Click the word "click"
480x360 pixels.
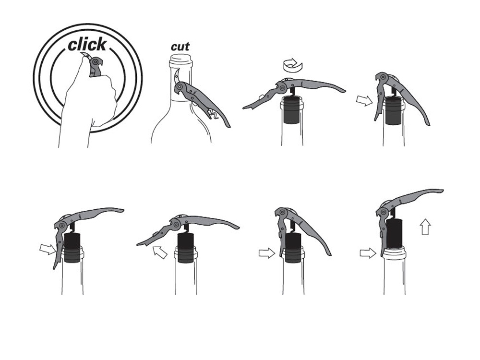(87, 45)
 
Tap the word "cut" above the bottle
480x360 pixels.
(180, 47)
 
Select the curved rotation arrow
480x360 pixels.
(292, 65)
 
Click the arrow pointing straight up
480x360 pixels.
(426, 227)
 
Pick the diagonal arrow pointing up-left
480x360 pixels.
(159, 252)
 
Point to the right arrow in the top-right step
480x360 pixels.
(365, 100)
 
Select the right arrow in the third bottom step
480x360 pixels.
(267, 253)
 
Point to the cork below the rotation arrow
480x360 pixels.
(292, 109)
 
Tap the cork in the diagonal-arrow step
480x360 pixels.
(186, 248)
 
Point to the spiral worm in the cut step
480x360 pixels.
(214, 114)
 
